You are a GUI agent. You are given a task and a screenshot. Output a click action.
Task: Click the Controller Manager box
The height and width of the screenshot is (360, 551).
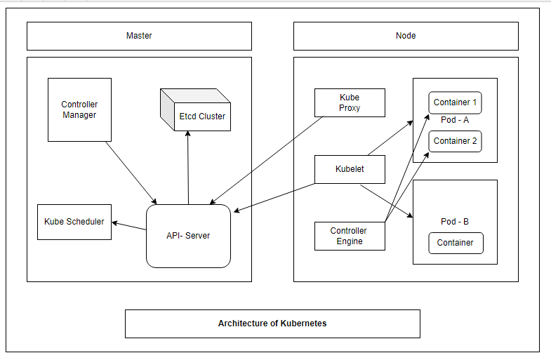[79, 109]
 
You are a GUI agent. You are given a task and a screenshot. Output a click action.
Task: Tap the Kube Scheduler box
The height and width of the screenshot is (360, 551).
[74, 222]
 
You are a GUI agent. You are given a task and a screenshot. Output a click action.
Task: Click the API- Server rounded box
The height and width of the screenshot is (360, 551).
[188, 236]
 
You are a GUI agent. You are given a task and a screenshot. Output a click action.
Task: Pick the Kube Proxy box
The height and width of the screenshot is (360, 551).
[350, 102]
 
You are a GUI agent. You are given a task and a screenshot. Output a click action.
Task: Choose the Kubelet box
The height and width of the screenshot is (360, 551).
[350, 169]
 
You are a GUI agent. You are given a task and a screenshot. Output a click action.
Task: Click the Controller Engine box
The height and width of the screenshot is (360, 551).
[350, 236]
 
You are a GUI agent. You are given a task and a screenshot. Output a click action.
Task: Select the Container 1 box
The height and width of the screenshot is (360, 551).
[455, 102]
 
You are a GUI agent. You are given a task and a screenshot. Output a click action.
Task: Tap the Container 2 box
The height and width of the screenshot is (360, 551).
[455, 141]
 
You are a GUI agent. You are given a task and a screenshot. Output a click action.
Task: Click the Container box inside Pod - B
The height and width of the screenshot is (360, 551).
[455, 243]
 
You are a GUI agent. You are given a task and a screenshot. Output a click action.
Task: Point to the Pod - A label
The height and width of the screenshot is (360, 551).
[455, 120]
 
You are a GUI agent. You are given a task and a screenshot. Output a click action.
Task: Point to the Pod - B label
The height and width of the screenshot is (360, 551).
[455, 222]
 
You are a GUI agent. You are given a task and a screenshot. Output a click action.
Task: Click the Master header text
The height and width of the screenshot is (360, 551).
[139, 36]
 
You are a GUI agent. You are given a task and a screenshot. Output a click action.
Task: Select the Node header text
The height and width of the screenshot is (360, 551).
[406, 36]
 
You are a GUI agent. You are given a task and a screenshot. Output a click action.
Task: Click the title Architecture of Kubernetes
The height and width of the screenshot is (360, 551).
[272, 324]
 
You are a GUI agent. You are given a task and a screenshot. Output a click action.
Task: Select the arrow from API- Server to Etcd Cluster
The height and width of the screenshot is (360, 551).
[188, 168]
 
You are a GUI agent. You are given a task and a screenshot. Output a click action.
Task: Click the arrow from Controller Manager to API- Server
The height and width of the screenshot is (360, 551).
[132, 173]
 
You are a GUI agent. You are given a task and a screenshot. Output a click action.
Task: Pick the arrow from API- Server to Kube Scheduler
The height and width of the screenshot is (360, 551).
[129, 225]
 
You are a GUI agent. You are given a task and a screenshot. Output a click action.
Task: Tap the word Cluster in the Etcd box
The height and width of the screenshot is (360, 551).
[212, 116]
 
